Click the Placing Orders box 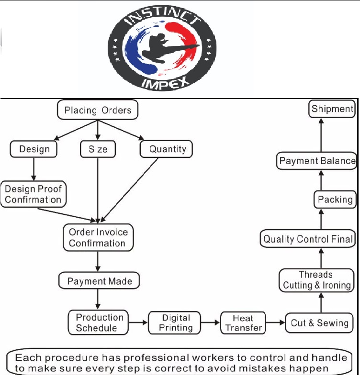coord(98,110)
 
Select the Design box coord(34,149)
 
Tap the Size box coord(98,149)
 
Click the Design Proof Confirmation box coord(33,193)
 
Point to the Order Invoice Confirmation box coord(98,237)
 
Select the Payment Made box coord(99,281)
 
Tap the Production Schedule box coord(100,322)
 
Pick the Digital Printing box coord(177,322)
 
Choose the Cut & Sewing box coord(319,322)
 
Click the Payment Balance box coord(317,161)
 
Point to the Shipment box coord(332,109)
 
